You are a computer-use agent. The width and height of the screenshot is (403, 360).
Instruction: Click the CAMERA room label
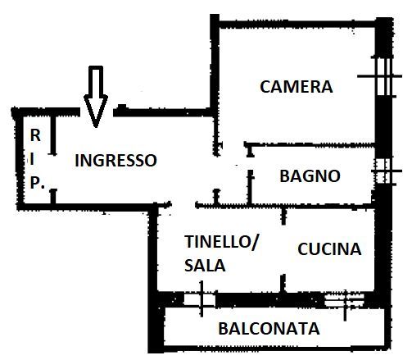[x=297, y=87]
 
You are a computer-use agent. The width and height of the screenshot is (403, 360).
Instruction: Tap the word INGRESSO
[x=115, y=160]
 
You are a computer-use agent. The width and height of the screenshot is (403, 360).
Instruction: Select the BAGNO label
[x=310, y=176]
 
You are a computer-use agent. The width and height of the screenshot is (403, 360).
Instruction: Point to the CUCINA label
[x=329, y=249]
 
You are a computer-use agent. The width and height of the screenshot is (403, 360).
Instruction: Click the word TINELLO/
[x=221, y=242]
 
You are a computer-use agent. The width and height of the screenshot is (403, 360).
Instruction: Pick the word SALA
[x=205, y=266]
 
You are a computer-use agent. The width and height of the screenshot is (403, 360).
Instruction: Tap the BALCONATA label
[x=269, y=329]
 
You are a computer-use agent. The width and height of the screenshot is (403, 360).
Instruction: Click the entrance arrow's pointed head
[x=96, y=127]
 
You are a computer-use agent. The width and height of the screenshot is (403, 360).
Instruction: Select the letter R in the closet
[x=35, y=135]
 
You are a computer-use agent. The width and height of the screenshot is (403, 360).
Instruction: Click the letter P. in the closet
[x=37, y=183]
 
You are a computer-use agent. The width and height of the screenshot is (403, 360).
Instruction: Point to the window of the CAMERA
[x=383, y=76]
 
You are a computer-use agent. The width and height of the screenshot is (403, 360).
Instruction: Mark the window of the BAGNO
[x=383, y=171]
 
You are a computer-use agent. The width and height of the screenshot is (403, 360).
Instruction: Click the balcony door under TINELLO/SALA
[x=200, y=299]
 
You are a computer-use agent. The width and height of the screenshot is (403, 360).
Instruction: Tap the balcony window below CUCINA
[x=345, y=300]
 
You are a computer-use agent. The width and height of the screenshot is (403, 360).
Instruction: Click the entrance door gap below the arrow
[x=97, y=112]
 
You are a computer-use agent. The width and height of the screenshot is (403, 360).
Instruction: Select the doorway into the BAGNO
[x=250, y=163]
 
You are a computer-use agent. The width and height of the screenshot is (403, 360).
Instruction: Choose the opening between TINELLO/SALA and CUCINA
[x=283, y=249]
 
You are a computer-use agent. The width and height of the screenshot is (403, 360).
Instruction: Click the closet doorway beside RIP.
[x=53, y=171]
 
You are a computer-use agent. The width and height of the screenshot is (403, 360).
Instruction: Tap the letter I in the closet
[x=33, y=159]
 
